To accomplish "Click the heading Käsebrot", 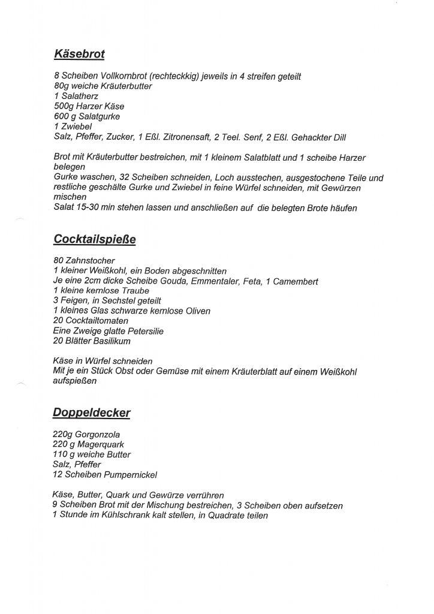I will click(x=79, y=55).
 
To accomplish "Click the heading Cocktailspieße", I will click(x=95, y=239).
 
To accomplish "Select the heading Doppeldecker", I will click(x=92, y=413).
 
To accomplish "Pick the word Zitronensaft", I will click(x=184, y=137).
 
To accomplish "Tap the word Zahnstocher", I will click(x=89, y=261).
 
